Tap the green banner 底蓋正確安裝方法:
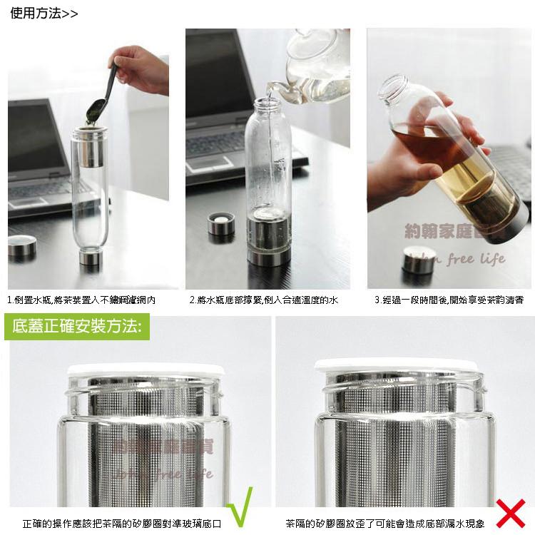pos(78,327)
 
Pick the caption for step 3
pos(449,300)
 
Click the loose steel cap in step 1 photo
pos(22,247)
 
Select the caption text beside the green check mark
pos(121,524)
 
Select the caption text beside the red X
pos(385,524)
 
